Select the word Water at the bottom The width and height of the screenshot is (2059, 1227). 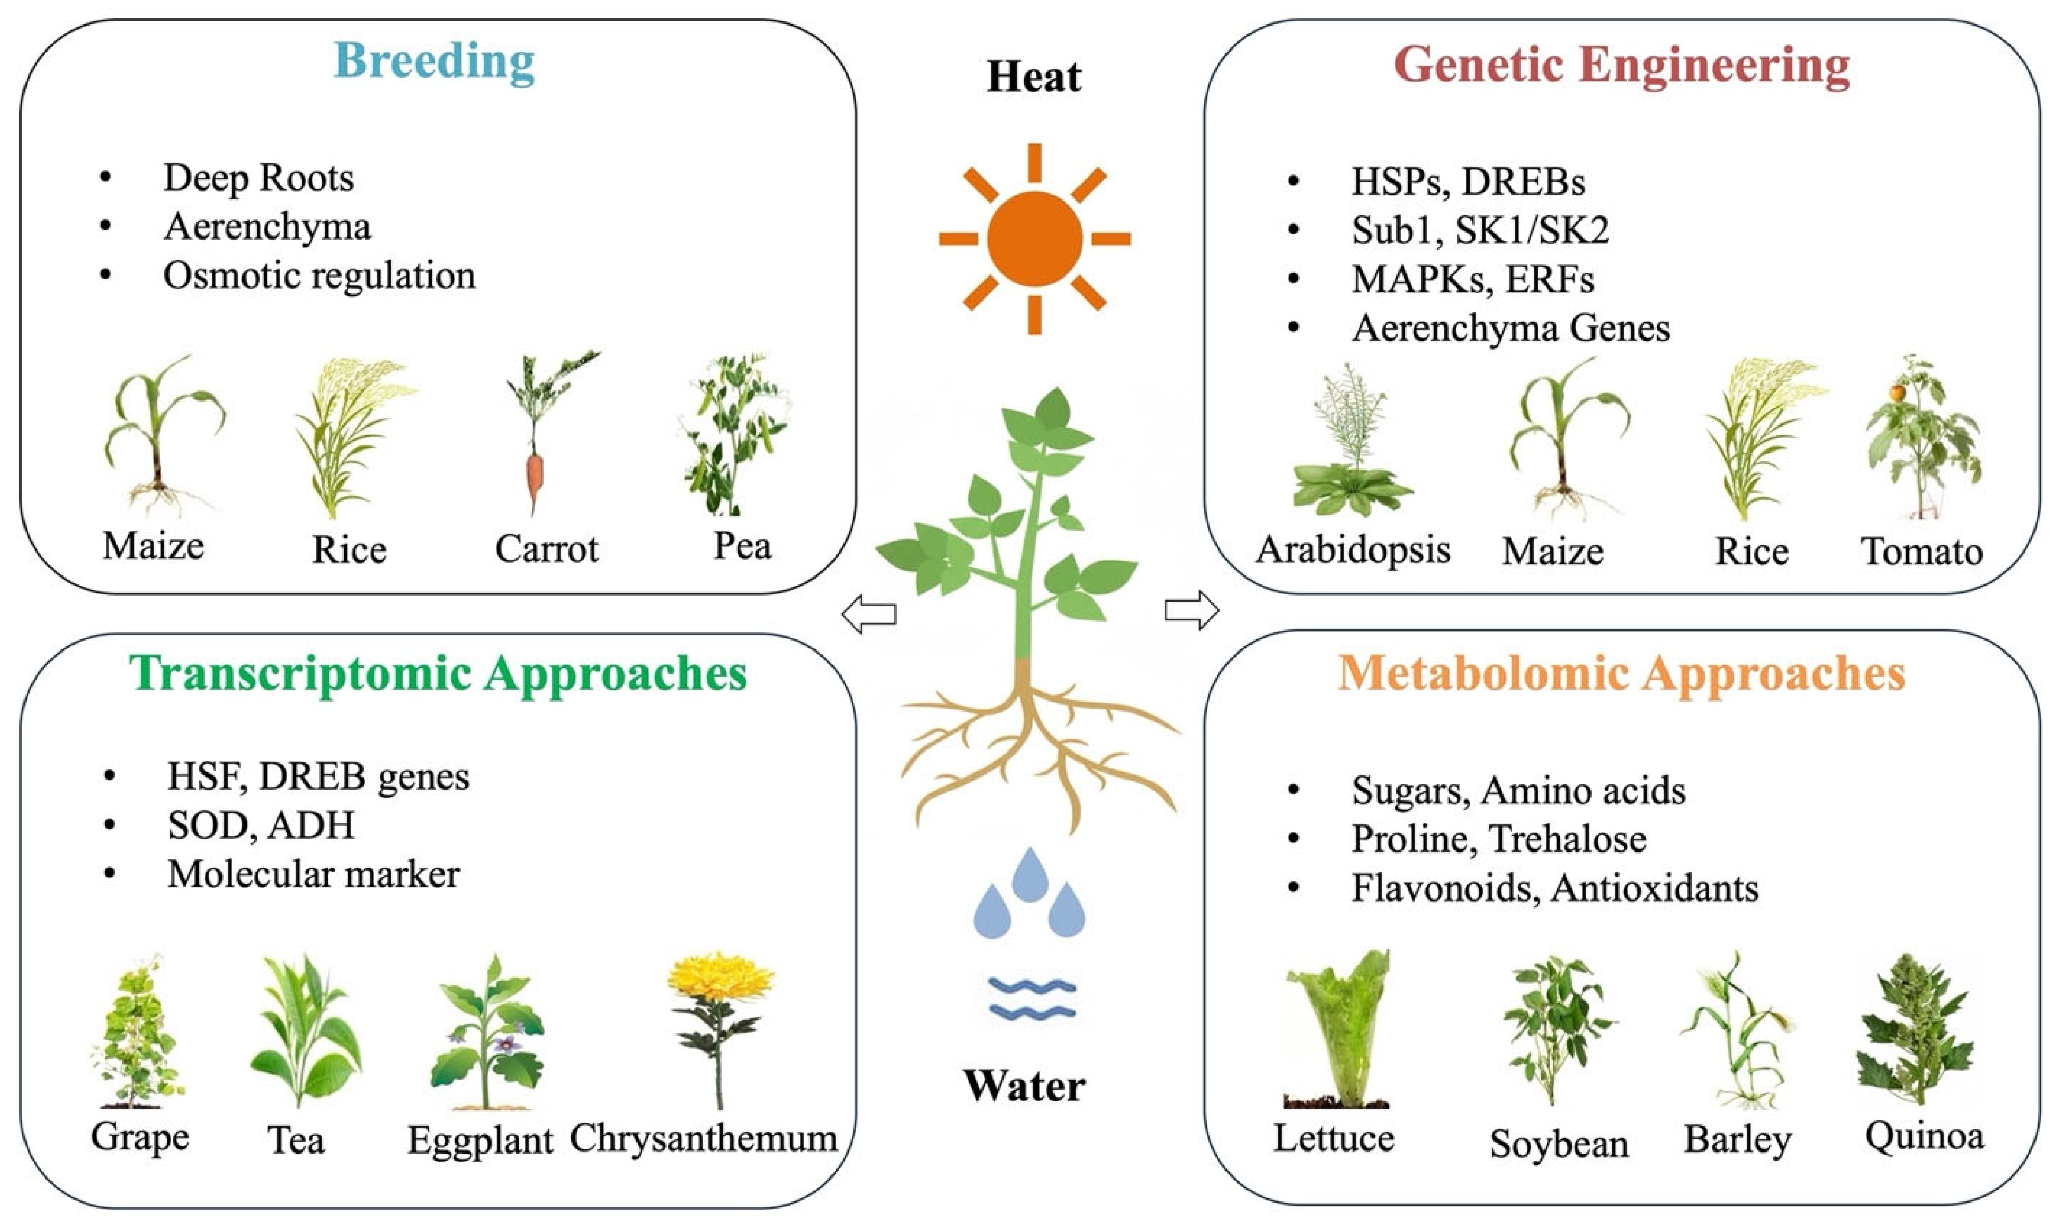pos(1024,1086)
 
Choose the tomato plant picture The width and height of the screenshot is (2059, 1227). pos(1923,438)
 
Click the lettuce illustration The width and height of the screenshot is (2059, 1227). pos(1338,1030)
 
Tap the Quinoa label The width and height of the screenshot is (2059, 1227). pos(1924,1136)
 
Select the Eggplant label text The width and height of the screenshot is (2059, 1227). pos(480,1141)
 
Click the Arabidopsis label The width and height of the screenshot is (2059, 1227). pos(1353,550)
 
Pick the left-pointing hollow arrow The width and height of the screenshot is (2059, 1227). pos(868,614)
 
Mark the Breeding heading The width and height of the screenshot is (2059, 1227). pos(434,62)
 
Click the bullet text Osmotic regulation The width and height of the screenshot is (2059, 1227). pos(319,276)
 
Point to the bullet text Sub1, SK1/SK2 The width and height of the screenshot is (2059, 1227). pos(1480,230)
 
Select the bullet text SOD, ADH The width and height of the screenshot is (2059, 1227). pos(260,825)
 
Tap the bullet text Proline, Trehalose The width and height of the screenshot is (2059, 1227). pos(1499,839)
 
